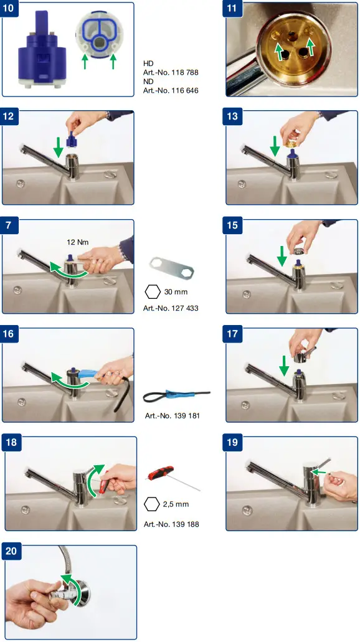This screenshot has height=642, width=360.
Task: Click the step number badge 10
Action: click(11, 9)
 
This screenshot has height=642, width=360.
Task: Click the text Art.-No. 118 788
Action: click(171, 72)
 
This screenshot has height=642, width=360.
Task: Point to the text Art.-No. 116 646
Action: click(171, 90)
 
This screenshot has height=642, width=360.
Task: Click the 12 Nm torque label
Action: click(77, 242)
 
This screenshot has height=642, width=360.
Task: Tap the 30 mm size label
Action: click(176, 292)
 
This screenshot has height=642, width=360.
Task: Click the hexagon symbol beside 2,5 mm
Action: click(153, 504)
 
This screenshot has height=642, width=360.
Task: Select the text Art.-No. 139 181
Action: click(173, 415)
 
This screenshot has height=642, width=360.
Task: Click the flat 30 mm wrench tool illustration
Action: click(172, 267)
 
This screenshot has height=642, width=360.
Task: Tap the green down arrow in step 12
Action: click(58, 148)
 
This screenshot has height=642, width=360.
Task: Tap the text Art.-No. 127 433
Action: click(171, 308)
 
